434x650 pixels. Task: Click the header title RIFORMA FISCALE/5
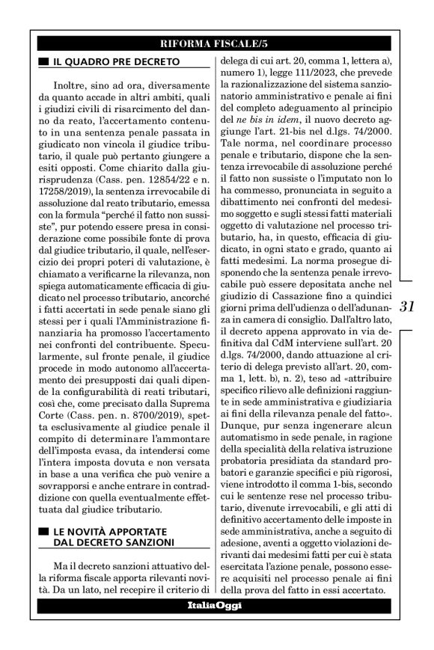click(217, 43)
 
